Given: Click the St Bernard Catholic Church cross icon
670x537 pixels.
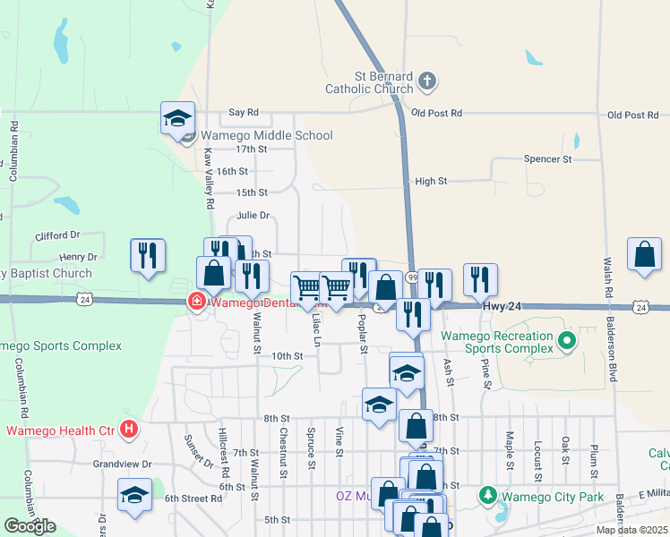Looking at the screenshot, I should (427, 81).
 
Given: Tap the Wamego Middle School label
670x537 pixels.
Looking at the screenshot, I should (267, 135).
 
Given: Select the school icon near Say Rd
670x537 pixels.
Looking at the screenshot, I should (177, 118).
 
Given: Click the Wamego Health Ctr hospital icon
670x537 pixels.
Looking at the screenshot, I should (129, 430).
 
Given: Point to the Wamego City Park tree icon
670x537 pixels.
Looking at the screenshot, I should (488, 494).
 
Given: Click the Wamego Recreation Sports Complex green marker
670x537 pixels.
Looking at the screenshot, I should (565, 340).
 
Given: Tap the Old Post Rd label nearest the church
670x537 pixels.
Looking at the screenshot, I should (436, 114).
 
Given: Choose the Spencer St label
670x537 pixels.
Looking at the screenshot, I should (547, 159).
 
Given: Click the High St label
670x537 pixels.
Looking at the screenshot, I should (431, 181).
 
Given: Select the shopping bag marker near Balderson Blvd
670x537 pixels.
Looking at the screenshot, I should (644, 255).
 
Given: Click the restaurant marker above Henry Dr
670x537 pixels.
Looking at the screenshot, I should (147, 256).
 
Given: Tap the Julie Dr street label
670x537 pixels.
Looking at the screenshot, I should (253, 216).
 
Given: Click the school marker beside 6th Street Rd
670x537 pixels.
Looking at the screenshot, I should (134, 495).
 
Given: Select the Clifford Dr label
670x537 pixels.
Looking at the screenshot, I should (58, 235).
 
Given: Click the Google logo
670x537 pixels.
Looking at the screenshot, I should (30, 526).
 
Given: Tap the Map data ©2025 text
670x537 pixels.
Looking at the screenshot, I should (631, 530).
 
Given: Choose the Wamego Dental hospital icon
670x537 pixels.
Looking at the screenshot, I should (195, 302).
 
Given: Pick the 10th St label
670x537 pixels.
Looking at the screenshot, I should (288, 355).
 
